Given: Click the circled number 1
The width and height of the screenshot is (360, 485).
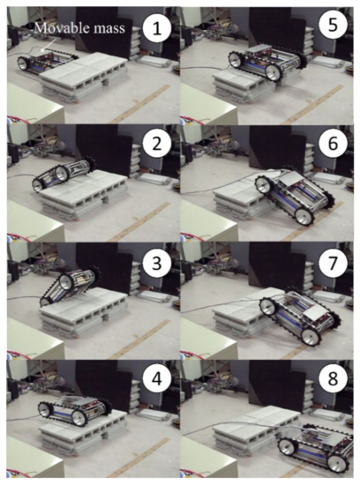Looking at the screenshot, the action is [x=157, y=30].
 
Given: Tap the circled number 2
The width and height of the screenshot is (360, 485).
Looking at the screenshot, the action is [x=157, y=143].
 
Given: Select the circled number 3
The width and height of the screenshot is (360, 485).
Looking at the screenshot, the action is [x=157, y=264].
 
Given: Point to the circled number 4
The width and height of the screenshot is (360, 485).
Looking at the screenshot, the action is [x=157, y=379].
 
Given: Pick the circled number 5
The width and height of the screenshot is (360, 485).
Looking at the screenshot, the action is [x=332, y=25].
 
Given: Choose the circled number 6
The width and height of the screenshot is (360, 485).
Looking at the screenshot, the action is [x=332, y=143].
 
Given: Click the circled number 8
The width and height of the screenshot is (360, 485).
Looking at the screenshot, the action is [x=332, y=379].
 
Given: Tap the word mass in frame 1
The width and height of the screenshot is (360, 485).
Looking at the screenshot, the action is [x=109, y=29].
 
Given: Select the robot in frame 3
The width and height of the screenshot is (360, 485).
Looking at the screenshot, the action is [x=69, y=286].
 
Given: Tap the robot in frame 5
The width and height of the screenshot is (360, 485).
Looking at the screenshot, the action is [x=267, y=63].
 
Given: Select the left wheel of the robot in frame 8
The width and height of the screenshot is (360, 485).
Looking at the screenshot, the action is [x=288, y=447].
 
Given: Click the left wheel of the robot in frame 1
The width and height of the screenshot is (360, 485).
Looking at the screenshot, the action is [x=24, y=63].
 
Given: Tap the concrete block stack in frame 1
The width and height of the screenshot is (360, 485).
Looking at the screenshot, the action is [x=85, y=77].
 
